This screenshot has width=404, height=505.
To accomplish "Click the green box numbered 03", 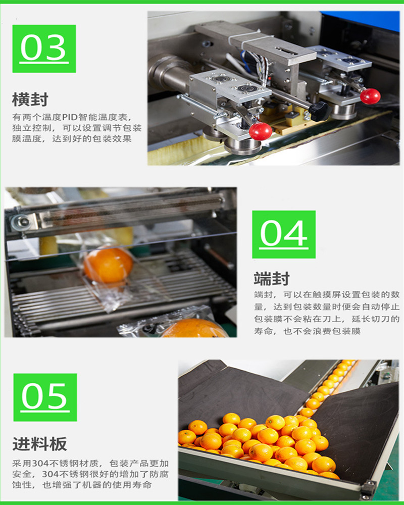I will [44, 48].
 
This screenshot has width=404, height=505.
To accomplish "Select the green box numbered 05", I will [45, 397].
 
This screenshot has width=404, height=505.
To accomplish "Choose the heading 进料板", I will [39, 444].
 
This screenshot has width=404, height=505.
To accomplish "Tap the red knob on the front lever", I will [261, 131].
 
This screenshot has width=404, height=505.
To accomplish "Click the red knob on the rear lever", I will [370, 96].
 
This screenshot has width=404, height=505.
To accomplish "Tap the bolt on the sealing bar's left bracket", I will [22, 221].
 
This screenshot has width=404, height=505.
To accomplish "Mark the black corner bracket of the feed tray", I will [368, 489].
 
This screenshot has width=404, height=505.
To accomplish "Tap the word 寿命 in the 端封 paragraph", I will [264, 332].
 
